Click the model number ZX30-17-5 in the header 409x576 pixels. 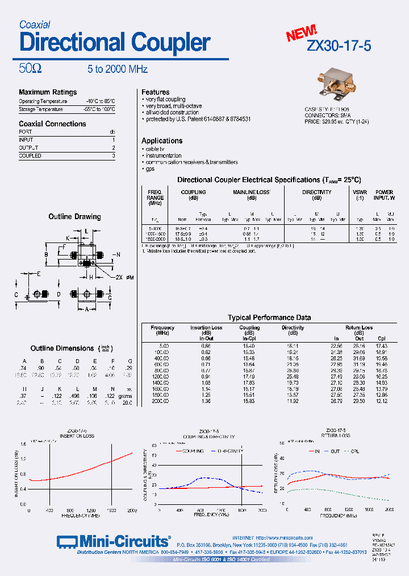coord(339,46)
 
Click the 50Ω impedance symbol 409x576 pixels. coord(30,69)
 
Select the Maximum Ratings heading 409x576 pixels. coord(48,92)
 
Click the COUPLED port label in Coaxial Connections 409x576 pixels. coord(30,155)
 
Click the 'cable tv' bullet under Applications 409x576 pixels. coord(155,149)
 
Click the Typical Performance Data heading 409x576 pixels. coord(269,318)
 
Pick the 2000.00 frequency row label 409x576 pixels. coord(160,401)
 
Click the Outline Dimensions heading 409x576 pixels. coord(62,348)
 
